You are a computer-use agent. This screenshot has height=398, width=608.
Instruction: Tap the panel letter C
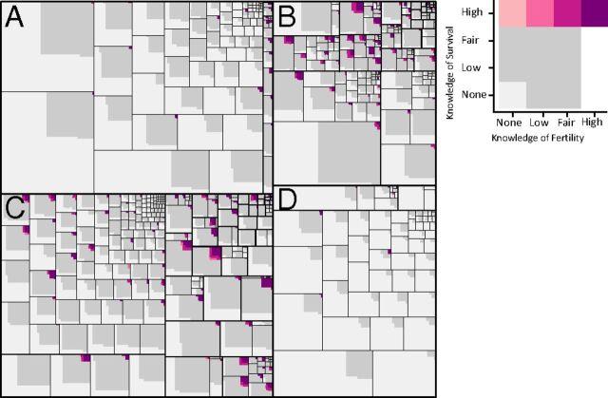(15, 209)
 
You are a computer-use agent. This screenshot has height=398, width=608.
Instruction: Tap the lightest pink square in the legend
(512, 12)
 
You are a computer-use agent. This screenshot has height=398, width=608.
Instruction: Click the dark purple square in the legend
(594, 12)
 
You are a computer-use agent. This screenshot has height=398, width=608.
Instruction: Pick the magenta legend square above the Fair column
(566, 12)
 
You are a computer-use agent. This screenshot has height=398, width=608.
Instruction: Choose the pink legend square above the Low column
(540, 12)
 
